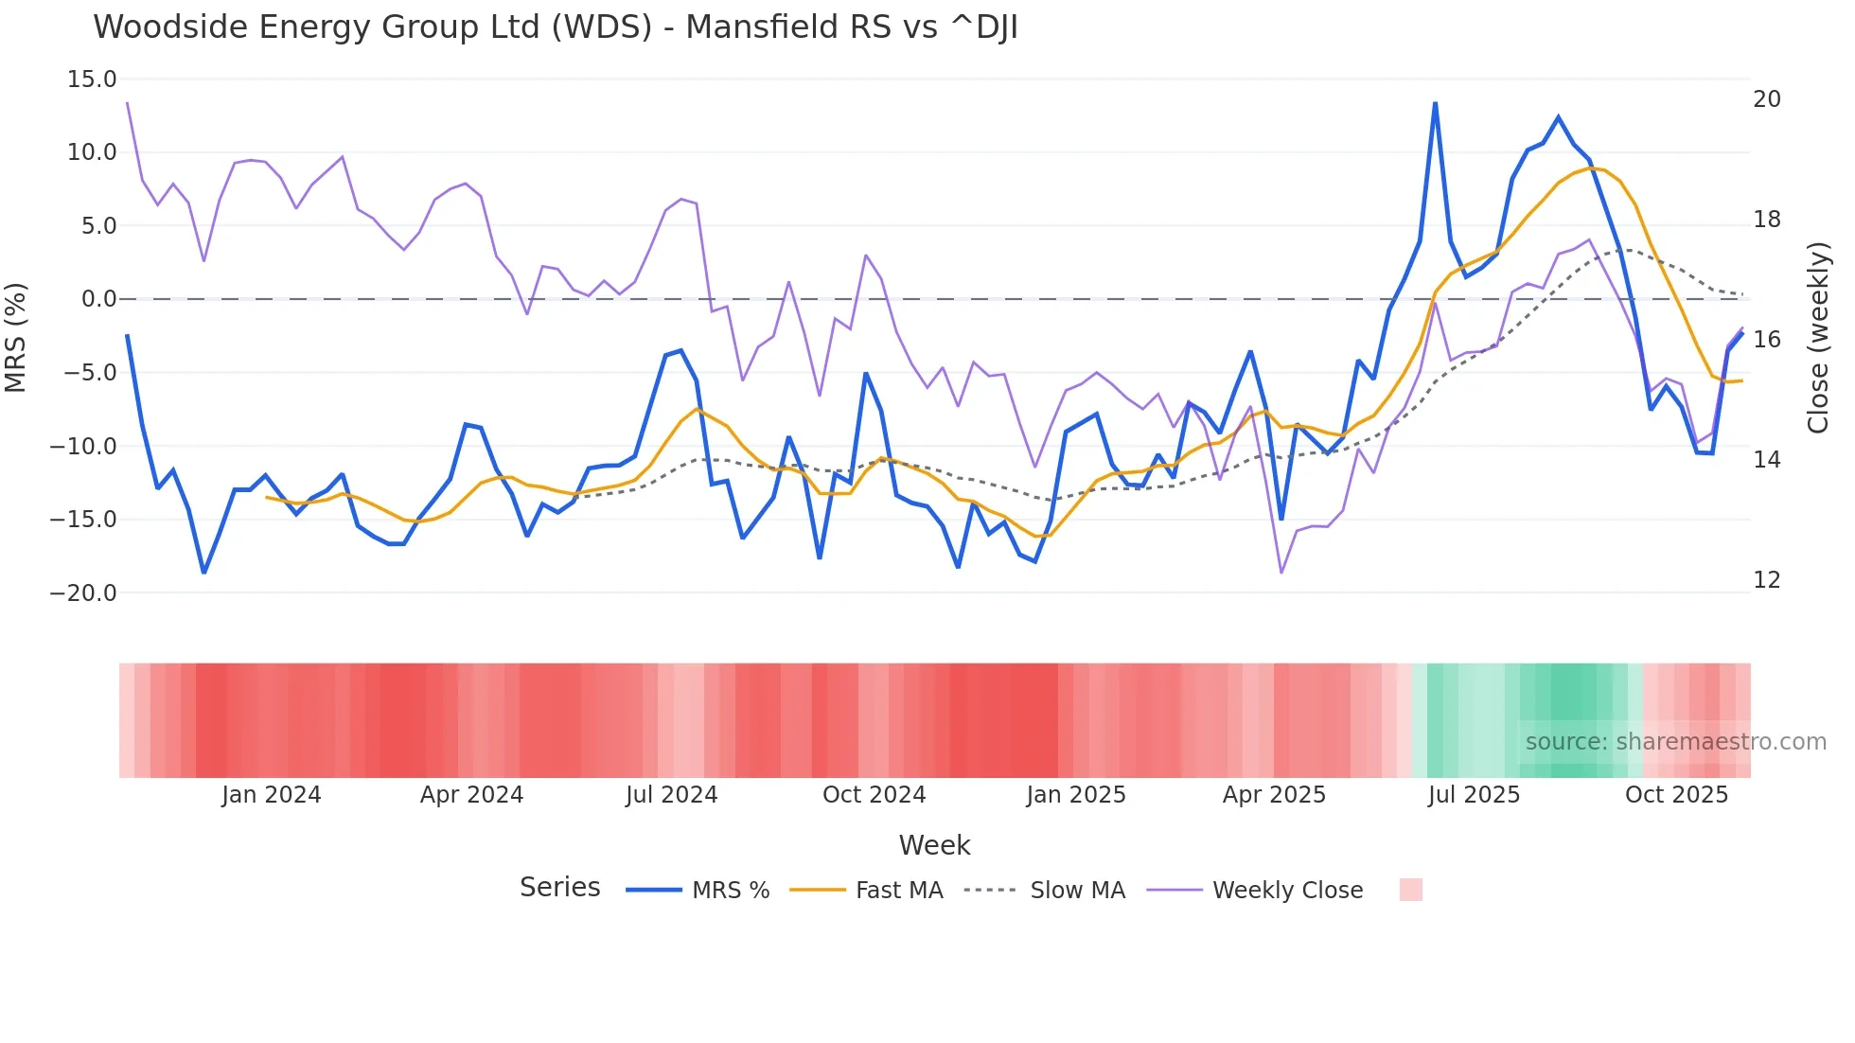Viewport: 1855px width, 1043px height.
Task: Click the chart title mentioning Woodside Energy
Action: coord(556,27)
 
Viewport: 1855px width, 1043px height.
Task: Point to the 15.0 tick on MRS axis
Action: coord(92,80)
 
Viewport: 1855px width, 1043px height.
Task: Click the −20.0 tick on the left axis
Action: coord(83,593)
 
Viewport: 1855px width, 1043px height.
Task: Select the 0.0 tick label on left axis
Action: coord(98,299)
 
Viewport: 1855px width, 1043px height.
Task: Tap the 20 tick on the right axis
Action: coord(1766,99)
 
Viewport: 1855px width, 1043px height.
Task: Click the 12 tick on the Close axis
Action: coord(1766,580)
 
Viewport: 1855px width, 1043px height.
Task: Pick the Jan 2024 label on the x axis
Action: coord(272,795)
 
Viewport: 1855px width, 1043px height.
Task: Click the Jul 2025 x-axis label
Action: coord(1474,795)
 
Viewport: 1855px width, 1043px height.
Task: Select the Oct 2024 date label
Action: coord(874,795)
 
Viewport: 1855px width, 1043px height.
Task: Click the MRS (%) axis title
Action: coord(16,337)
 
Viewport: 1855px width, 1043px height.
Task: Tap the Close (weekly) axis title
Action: coord(1818,338)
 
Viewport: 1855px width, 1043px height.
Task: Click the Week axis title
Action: coord(934,845)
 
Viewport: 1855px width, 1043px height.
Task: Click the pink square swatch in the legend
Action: coord(1410,890)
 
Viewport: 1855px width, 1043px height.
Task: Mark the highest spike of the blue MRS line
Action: coord(1435,103)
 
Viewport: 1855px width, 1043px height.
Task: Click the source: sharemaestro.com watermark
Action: coord(1675,742)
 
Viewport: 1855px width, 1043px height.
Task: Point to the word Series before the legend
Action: coord(559,888)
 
